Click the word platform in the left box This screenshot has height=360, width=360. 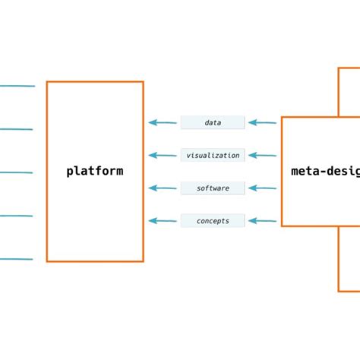click(x=95, y=171)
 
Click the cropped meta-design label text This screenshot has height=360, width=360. click(x=325, y=171)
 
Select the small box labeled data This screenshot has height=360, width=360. click(x=213, y=122)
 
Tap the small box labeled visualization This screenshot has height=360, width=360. click(x=213, y=155)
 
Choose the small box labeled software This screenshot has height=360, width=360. click(x=213, y=188)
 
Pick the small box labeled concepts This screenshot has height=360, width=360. click(x=213, y=221)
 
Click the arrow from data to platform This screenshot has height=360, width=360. click(x=163, y=122)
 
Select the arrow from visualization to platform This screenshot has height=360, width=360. click(x=163, y=155)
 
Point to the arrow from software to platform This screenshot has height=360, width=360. click(x=163, y=188)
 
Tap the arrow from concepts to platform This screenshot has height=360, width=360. click(x=163, y=221)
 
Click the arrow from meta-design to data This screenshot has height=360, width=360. click(x=263, y=122)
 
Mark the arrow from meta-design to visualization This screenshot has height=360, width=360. click(x=263, y=155)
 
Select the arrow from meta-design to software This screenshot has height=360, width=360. click(x=263, y=188)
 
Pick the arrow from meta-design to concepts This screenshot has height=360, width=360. click(x=263, y=221)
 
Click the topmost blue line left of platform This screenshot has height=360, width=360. click(x=17, y=86)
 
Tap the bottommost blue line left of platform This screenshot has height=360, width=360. click(x=17, y=259)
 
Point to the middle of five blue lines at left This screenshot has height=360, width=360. click(x=17, y=172)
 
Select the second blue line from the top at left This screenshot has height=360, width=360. click(x=17, y=129)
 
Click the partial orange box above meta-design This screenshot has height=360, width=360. click(x=349, y=92)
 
